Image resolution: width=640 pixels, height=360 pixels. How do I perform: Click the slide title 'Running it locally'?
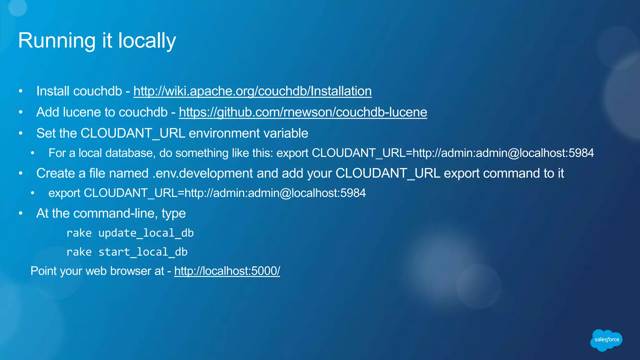coord(97,41)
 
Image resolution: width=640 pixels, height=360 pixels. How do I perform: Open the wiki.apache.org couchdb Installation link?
coord(252,91)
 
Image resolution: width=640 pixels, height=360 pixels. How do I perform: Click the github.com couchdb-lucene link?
coord(303,112)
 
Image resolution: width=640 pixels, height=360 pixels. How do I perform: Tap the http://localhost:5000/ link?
coord(227,271)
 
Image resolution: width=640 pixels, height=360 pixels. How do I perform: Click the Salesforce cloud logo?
coord(606,340)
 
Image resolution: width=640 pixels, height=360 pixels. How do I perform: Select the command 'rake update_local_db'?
coord(130,233)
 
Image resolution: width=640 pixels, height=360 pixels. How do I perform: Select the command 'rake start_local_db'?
coord(127,252)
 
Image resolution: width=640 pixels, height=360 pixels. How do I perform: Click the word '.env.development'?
coord(203,173)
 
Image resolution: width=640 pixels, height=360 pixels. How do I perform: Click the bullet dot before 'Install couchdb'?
coord(21,91)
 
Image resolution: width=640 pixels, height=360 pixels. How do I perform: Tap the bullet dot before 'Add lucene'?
coord(21,112)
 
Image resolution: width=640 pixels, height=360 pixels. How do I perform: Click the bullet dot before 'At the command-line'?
coord(21,213)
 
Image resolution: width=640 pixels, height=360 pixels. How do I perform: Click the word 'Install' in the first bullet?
coord(53,91)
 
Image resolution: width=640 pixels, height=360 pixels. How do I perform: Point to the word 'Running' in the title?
coord(57,41)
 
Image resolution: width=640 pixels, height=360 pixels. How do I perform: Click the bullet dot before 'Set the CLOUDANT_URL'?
coord(21,133)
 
